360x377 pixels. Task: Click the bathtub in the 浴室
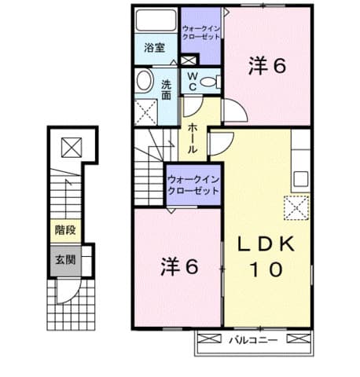(x=156, y=20)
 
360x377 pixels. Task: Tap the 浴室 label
(x=154, y=48)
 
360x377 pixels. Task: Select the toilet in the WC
(x=211, y=82)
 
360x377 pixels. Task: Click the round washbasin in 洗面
(x=145, y=80)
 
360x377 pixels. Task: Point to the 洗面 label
(x=166, y=90)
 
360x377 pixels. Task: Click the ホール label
(x=193, y=138)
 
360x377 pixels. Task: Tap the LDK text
(x=266, y=244)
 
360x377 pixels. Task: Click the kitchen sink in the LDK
(x=300, y=179)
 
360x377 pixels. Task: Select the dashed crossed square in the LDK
(x=296, y=208)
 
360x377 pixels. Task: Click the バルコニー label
(x=253, y=340)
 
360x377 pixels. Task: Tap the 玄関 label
(x=65, y=260)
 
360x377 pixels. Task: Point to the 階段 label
(x=65, y=230)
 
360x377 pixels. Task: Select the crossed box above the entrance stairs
(x=72, y=148)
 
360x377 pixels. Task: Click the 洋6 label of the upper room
(x=266, y=66)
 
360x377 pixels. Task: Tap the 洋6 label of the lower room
(x=179, y=266)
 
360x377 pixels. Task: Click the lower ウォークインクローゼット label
(x=193, y=185)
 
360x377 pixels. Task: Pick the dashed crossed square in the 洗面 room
(x=145, y=112)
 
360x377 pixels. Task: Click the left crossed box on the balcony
(x=209, y=339)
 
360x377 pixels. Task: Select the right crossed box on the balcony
(x=299, y=339)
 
